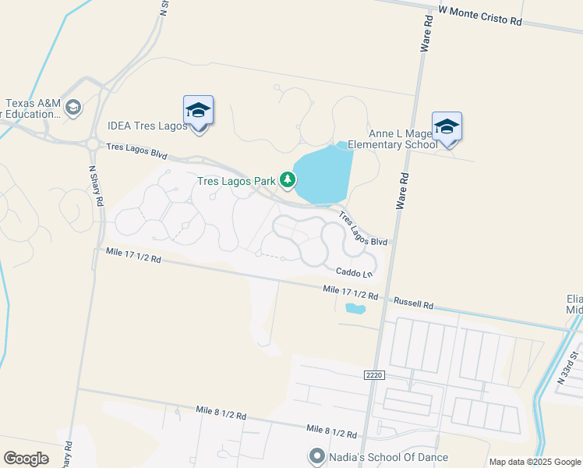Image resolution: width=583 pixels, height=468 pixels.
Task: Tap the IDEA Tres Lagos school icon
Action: pos(198,111)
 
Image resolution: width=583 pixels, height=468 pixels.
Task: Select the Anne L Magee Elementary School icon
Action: pos(447,127)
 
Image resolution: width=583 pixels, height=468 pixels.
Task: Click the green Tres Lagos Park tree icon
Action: pos(288,181)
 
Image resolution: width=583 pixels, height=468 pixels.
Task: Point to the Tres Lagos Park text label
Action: pos(235,182)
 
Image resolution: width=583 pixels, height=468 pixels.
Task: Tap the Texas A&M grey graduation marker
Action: pos(73,107)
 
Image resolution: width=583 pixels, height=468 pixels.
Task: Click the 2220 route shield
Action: pos(375,375)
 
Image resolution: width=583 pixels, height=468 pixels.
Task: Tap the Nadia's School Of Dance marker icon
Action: pos(316,456)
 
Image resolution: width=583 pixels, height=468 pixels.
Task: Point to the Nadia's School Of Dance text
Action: pos(388,457)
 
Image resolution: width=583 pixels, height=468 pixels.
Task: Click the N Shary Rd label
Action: pos(97,185)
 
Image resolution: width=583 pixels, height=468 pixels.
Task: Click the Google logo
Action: pos(26,459)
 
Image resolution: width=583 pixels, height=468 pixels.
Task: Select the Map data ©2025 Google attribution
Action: pos(534,462)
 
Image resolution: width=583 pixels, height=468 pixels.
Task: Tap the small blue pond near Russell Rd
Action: pos(355,308)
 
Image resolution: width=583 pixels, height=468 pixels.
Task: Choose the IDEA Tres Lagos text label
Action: pos(147,126)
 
